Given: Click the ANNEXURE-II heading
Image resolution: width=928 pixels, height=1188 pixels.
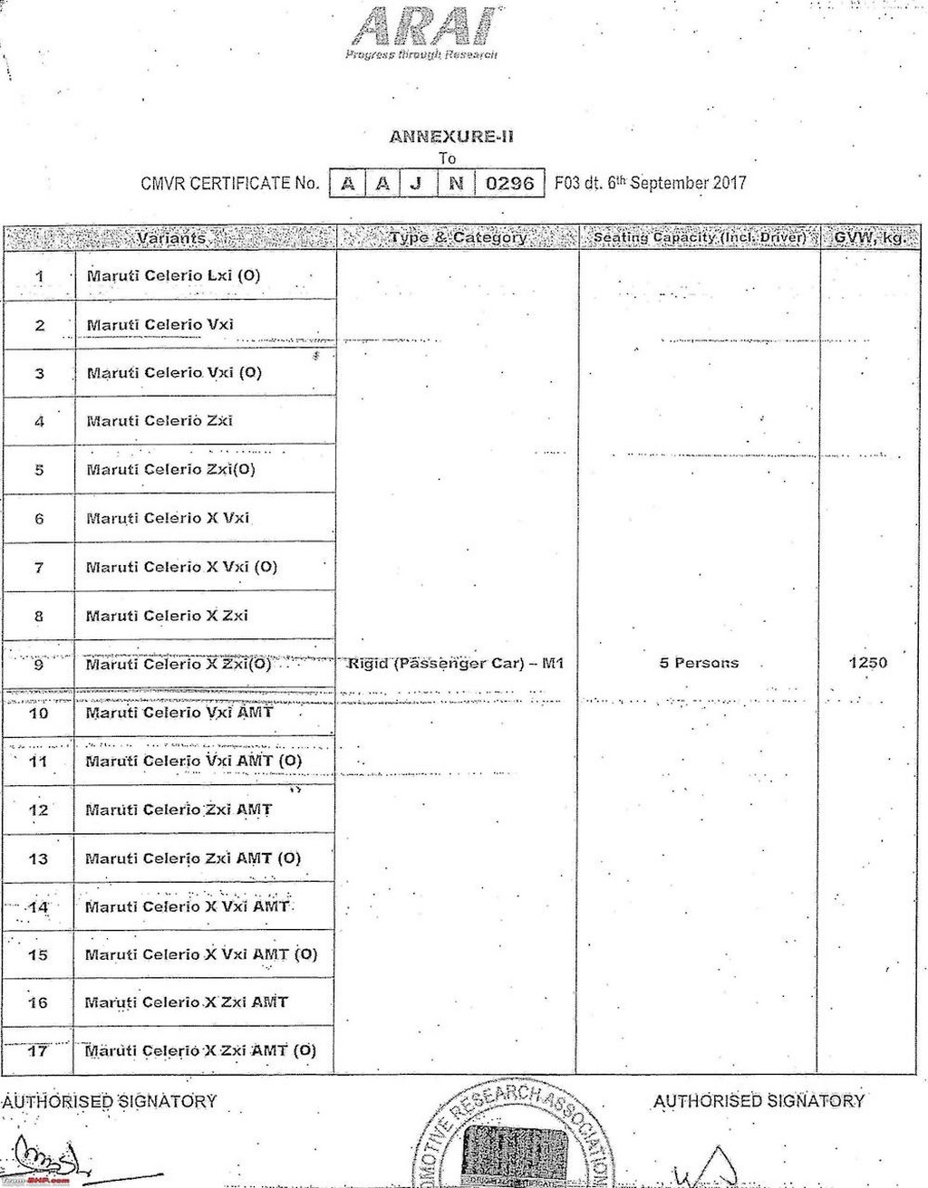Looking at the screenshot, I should point(451,137).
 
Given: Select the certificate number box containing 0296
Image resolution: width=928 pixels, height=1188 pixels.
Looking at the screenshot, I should point(509,183).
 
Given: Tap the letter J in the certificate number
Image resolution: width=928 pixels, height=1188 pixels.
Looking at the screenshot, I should point(417,183).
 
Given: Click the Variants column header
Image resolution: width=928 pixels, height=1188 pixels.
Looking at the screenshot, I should point(171,237).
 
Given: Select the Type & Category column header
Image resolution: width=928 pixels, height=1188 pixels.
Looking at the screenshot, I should point(458,237).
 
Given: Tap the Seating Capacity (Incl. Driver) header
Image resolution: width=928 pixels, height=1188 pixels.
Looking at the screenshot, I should point(699,237).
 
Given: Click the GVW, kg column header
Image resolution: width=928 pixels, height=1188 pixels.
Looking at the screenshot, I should point(868,237).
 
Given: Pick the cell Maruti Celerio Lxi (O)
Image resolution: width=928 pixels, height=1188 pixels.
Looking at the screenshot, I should point(173,275).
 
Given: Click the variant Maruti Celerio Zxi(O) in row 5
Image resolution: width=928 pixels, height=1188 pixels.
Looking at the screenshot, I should point(170,469).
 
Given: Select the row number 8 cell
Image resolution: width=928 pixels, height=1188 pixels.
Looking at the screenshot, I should point(39,617).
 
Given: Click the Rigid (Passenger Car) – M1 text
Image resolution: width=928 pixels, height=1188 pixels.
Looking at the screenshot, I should point(456,664).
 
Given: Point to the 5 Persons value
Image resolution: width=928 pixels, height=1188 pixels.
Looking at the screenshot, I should point(699,663).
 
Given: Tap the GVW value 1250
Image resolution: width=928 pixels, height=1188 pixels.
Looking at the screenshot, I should point(867,663).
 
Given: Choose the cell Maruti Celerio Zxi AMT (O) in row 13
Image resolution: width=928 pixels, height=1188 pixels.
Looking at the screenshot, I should point(192,858).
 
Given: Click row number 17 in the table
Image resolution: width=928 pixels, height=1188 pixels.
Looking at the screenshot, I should point(38,1051).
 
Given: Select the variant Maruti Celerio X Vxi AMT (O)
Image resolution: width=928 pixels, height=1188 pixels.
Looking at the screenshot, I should point(201,954).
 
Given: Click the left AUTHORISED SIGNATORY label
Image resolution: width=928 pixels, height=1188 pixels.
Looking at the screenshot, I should point(109,1101).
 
